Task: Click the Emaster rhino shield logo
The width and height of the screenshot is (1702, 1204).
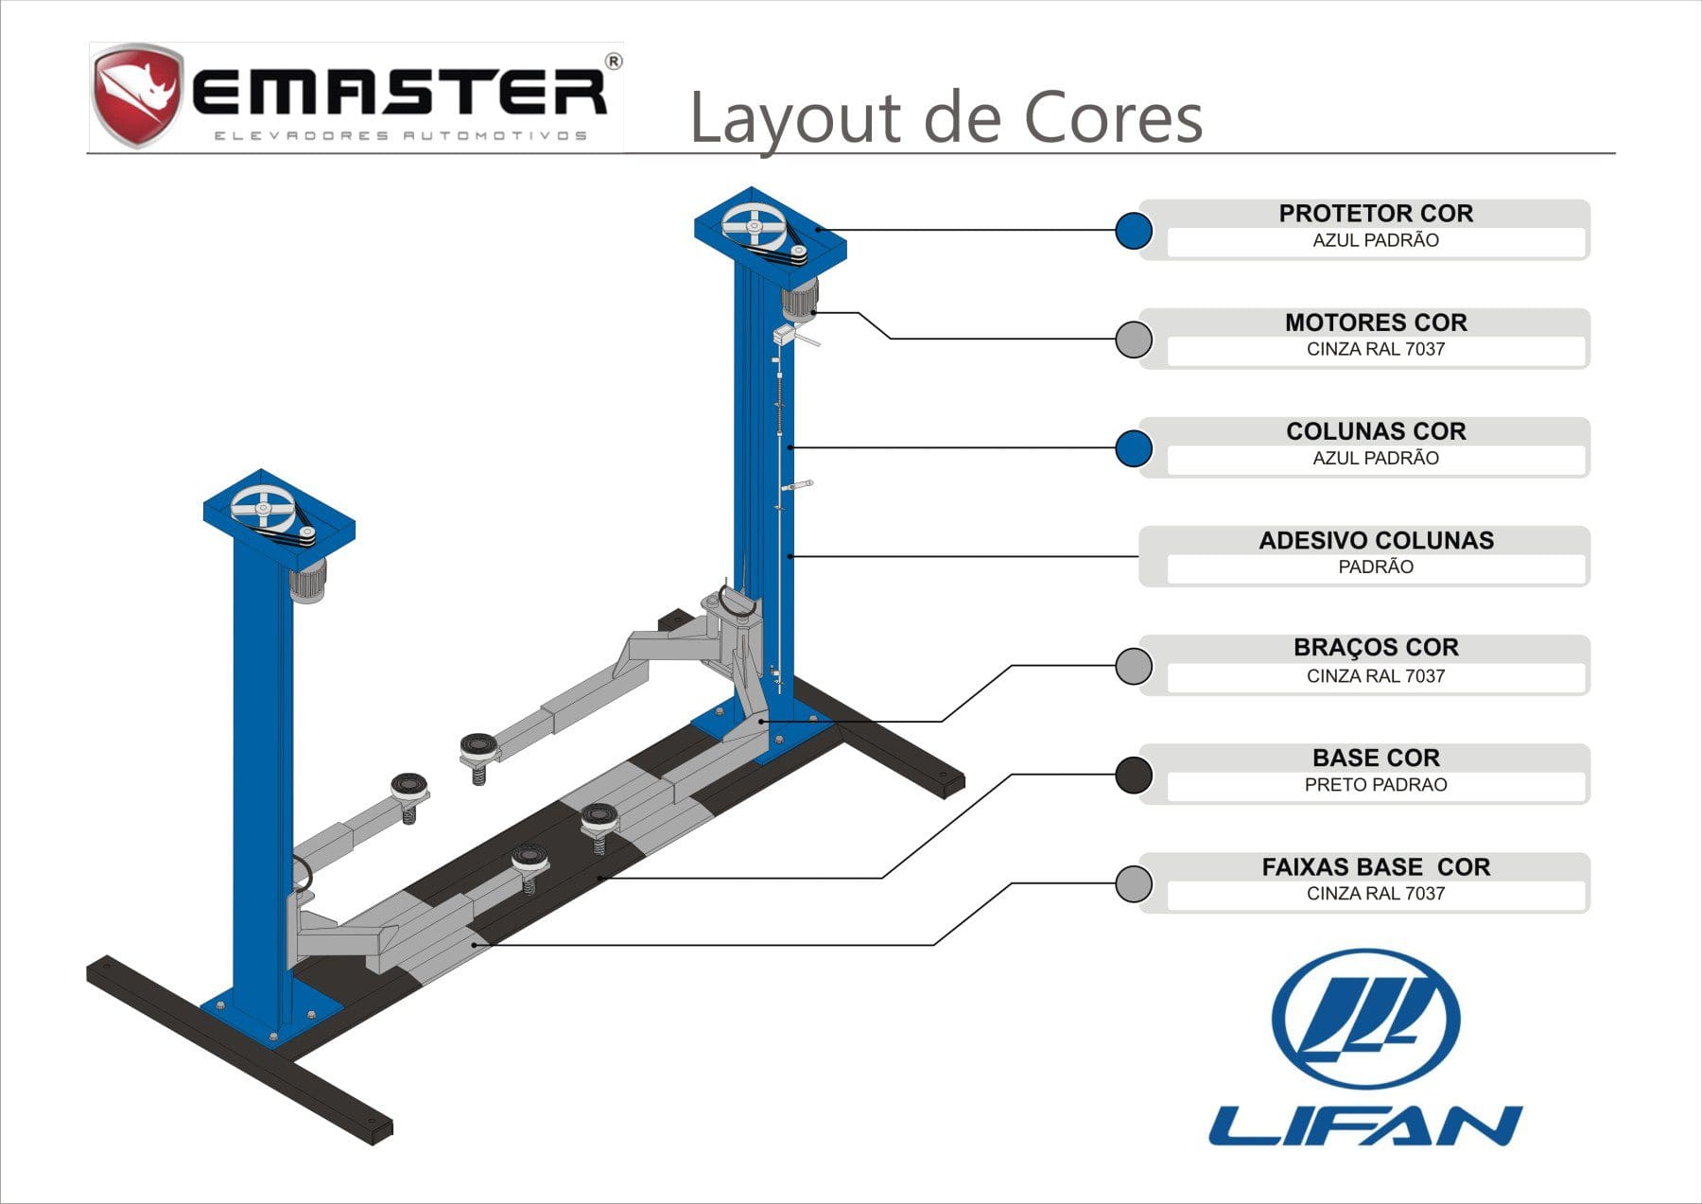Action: point(136,94)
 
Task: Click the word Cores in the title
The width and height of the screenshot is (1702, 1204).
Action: point(1113,118)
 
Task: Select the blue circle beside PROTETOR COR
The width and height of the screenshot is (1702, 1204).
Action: point(1133,230)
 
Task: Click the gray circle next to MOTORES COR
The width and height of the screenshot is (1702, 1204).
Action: point(1133,339)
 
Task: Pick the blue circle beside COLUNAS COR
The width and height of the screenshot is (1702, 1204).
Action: point(1133,448)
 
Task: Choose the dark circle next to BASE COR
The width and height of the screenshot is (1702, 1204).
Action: point(1133,775)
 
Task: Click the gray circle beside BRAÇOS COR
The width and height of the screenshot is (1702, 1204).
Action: point(1133,666)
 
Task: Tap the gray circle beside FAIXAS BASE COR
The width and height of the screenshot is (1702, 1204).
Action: point(1133,883)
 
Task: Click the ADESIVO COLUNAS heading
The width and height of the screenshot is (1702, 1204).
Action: point(1376,540)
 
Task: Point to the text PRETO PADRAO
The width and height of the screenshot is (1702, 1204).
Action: point(1376,784)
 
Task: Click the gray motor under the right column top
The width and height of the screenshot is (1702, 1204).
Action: point(800,298)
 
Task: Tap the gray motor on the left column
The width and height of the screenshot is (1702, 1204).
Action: point(307,579)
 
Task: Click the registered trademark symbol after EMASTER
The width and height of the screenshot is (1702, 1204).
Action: point(613,62)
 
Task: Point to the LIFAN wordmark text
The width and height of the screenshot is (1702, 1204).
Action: point(1365,1125)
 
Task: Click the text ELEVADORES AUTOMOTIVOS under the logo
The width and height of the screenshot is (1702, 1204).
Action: point(400,135)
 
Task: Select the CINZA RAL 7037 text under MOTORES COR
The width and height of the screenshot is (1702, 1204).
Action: point(1376,349)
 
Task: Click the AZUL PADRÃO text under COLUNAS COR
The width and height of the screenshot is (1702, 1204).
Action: point(1376,458)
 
